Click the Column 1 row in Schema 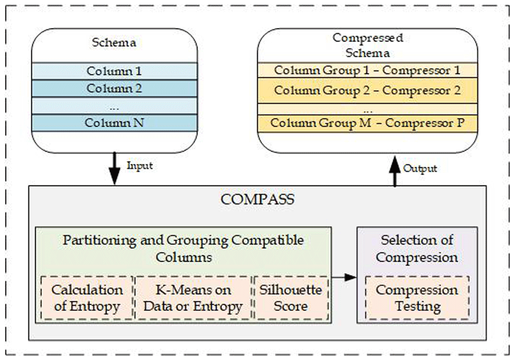(114, 71)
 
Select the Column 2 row (114, 88)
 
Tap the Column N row (114, 123)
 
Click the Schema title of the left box (114, 43)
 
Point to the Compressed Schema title (368, 45)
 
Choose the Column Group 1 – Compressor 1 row (368, 70)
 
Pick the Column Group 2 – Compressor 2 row (368, 91)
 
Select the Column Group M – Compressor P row (368, 123)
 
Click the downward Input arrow (114, 170)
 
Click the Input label (139, 166)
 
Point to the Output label (420, 168)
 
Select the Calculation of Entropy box (86, 298)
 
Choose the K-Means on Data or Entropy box (193, 298)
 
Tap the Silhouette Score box (290, 298)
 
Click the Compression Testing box (417, 298)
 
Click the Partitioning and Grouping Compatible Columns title (183, 248)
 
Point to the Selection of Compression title (417, 248)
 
